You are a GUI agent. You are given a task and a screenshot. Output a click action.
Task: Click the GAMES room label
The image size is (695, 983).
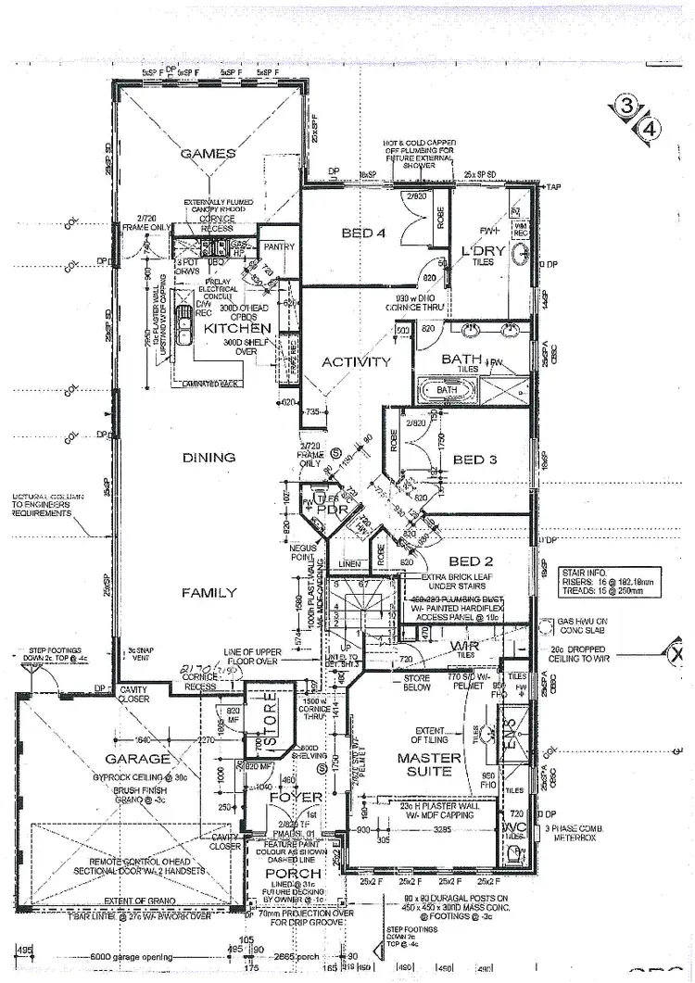(208, 154)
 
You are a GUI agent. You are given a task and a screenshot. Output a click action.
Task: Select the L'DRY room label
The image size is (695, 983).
(483, 251)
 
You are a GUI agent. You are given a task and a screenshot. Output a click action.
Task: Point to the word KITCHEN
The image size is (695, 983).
(238, 328)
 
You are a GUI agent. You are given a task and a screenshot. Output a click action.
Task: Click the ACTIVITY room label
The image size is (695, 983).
(356, 362)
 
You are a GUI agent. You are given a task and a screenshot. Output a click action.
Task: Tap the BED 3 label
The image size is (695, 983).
(475, 460)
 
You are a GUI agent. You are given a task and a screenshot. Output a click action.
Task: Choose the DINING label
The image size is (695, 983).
(208, 458)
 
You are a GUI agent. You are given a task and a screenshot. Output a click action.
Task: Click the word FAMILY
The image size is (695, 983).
(208, 593)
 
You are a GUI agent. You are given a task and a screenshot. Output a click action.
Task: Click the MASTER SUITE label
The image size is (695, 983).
(429, 767)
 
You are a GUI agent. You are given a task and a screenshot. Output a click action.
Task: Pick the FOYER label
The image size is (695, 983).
(295, 797)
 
